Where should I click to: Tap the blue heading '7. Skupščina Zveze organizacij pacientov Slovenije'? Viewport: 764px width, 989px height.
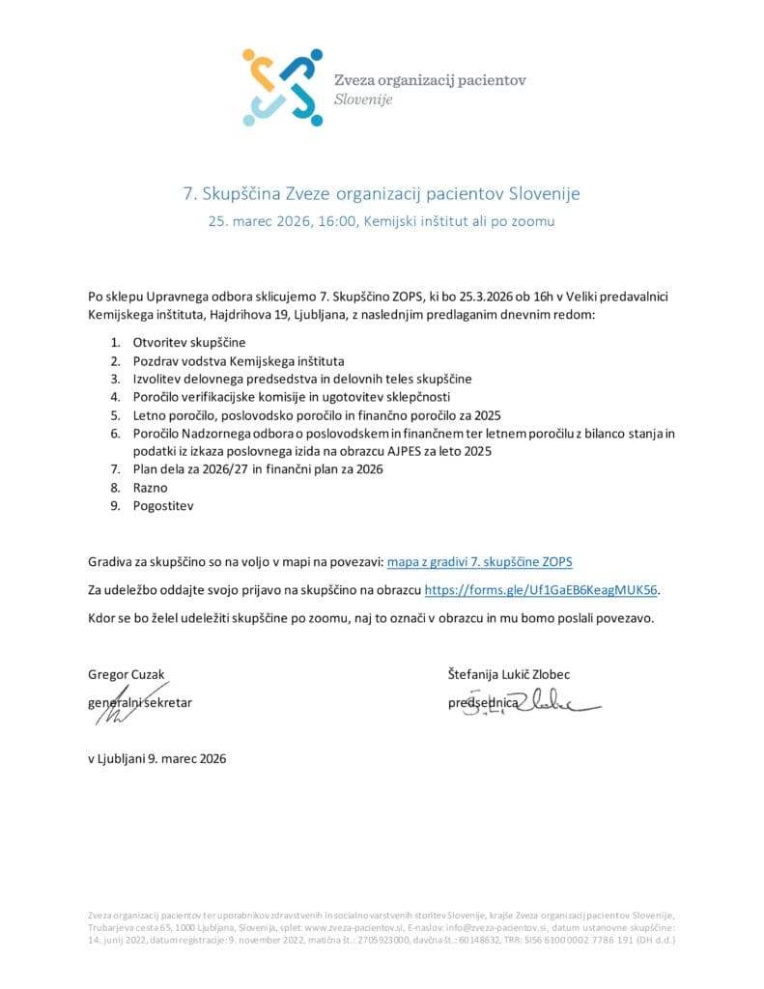tap(382, 193)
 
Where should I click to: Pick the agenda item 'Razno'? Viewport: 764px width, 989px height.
tap(150, 488)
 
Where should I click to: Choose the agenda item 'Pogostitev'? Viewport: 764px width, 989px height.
tap(163, 505)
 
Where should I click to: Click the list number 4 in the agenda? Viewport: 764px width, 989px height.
tap(114, 397)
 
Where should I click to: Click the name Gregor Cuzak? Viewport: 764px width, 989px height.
tap(132, 674)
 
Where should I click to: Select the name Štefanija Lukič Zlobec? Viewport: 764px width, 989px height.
tap(515, 674)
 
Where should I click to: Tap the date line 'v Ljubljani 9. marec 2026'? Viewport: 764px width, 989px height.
tap(156, 758)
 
